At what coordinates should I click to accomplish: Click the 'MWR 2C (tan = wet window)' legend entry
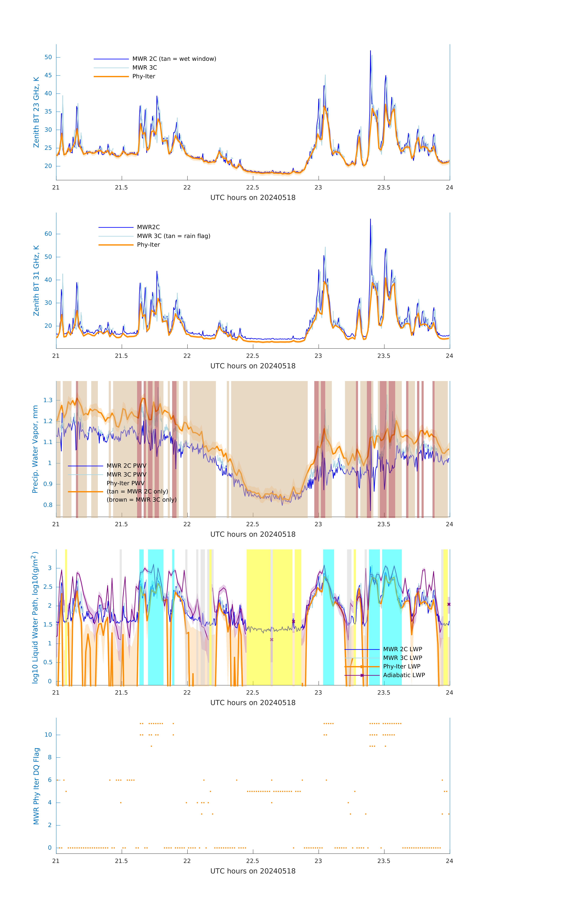tap(174, 59)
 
